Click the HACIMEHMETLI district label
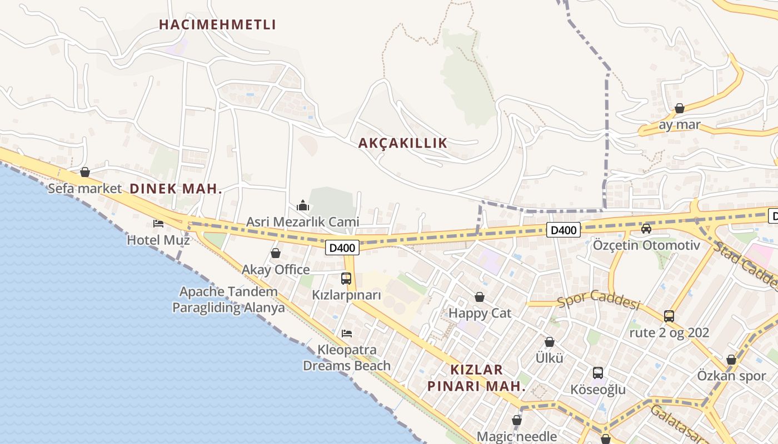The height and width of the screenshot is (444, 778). point(217,24)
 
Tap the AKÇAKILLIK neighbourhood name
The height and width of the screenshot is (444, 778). point(402,143)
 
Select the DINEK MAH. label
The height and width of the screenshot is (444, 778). point(176,189)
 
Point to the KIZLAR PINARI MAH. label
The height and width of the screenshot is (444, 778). point(476,377)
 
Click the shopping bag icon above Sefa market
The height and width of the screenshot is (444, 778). point(85,172)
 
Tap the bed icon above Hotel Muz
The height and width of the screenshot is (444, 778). point(158,224)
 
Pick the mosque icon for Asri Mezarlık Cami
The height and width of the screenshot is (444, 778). point(303,206)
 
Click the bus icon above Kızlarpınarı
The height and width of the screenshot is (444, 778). point(346,278)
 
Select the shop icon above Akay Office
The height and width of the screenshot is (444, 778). point(276,253)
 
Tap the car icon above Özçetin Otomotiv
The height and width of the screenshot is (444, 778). point(646,228)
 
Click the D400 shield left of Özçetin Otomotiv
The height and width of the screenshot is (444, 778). point(563,230)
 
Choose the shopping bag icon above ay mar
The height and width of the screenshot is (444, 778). point(679,108)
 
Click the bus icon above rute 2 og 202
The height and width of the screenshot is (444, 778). point(669,316)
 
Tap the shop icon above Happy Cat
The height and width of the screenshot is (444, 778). point(480,297)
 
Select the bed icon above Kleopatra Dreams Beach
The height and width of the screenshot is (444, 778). point(347,333)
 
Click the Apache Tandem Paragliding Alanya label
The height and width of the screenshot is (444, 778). point(228,300)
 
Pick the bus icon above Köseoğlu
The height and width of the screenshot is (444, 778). point(598,373)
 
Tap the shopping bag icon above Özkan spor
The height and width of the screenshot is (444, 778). point(731,360)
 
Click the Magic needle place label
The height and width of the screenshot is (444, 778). point(517,436)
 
